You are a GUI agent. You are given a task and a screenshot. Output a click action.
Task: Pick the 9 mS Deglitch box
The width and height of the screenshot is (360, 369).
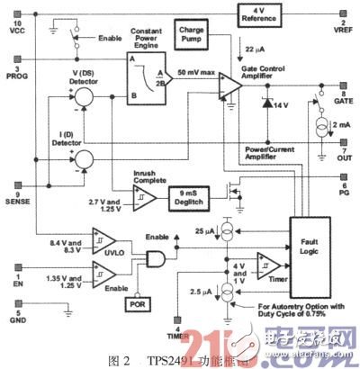(192, 194)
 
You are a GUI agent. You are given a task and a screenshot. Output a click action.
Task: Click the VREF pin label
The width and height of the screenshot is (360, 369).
(343, 28)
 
